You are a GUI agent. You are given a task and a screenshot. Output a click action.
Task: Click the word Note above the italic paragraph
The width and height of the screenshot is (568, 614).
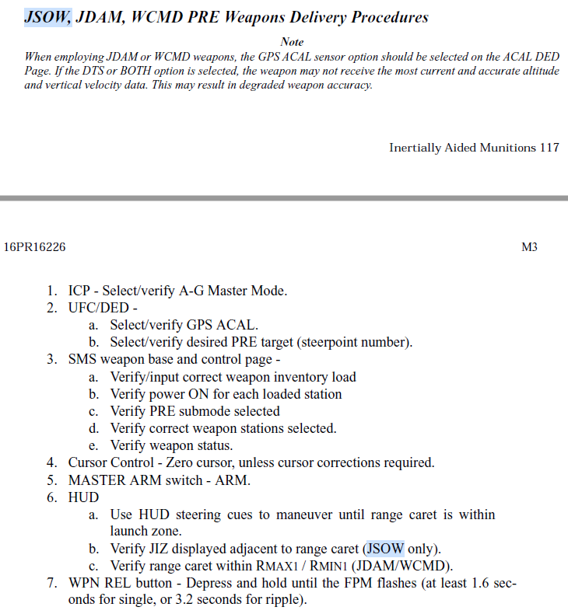coord(292,42)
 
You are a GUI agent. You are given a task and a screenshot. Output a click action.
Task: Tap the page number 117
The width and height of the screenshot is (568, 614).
coord(549,148)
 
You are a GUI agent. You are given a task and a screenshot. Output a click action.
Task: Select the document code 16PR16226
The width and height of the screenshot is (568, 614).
coord(35,247)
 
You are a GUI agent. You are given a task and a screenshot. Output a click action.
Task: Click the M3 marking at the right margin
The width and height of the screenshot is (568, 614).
coord(529,247)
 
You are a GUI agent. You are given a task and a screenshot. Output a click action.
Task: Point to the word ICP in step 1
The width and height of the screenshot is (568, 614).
coord(80,291)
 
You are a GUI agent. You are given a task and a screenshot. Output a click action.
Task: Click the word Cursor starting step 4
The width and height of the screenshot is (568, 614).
coord(88,462)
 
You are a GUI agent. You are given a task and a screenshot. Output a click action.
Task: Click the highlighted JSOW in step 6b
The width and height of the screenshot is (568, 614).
coord(386,548)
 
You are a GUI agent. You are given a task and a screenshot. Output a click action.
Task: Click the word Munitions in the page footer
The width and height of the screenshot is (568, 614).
coord(506,148)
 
